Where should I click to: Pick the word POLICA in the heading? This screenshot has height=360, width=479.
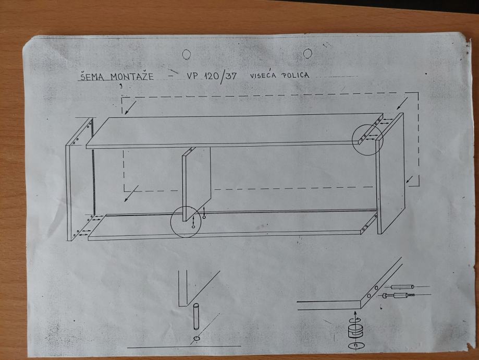(x=296, y=75)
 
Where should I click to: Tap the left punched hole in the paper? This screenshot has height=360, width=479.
(x=187, y=54)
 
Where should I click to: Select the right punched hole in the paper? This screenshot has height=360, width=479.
(x=308, y=53)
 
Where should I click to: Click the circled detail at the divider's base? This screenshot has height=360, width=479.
(x=186, y=222)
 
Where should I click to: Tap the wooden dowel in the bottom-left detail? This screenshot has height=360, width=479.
(x=196, y=317)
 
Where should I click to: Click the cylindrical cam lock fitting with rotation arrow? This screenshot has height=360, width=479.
(x=355, y=331)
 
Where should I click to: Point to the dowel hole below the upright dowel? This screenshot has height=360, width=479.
(x=196, y=339)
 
